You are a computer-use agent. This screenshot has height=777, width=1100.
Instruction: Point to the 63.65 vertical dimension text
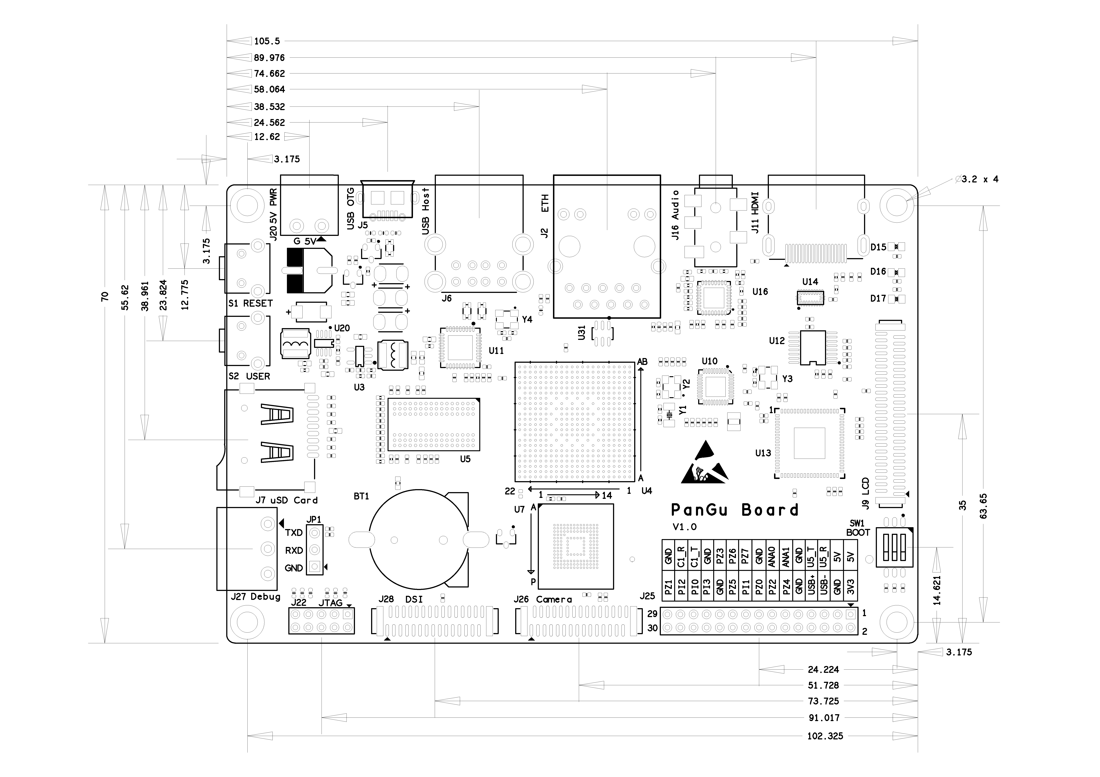tap(984, 506)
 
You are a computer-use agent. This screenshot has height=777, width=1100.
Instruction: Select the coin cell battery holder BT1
tap(419, 540)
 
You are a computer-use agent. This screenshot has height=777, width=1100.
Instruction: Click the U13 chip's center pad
tap(809, 443)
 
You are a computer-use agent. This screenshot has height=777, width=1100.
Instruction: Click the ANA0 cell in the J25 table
tap(771, 557)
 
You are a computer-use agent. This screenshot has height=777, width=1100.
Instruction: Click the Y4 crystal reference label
tap(527, 319)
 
